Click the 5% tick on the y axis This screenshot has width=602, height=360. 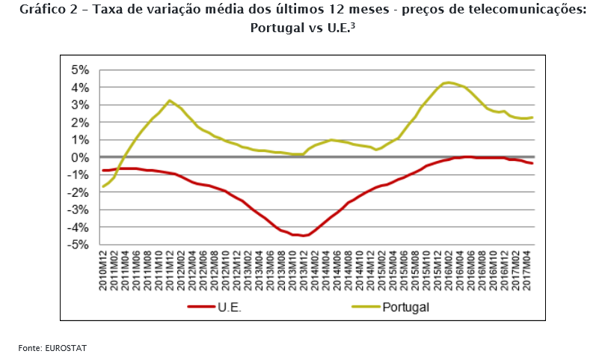tap(79, 70)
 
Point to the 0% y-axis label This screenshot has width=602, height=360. tap(79, 158)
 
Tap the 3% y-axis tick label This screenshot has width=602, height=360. tap(79, 106)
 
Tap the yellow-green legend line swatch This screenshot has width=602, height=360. tap(364, 307)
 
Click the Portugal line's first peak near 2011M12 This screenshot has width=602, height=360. tap(170, 100)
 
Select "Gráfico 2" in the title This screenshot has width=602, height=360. tap(45, 10)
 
